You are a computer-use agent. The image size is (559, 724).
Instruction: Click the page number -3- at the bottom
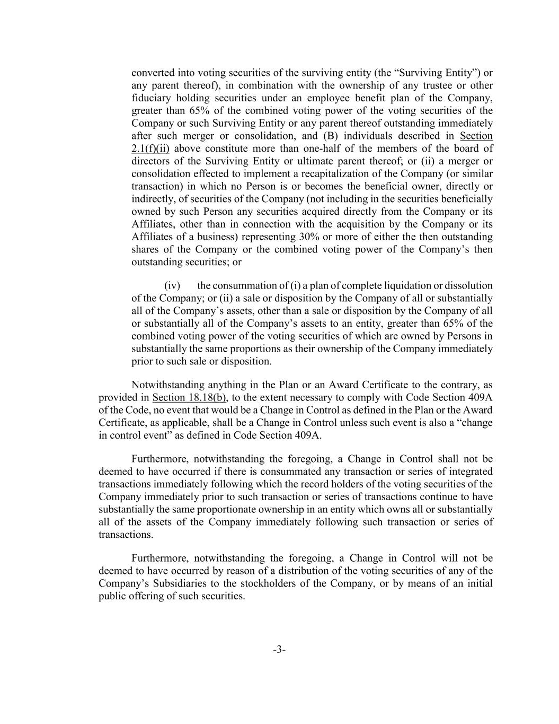tap(279, 650)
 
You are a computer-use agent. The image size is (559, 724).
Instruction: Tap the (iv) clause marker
tap(172, 285)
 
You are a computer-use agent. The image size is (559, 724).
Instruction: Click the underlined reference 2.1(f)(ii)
tap(150, 149)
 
